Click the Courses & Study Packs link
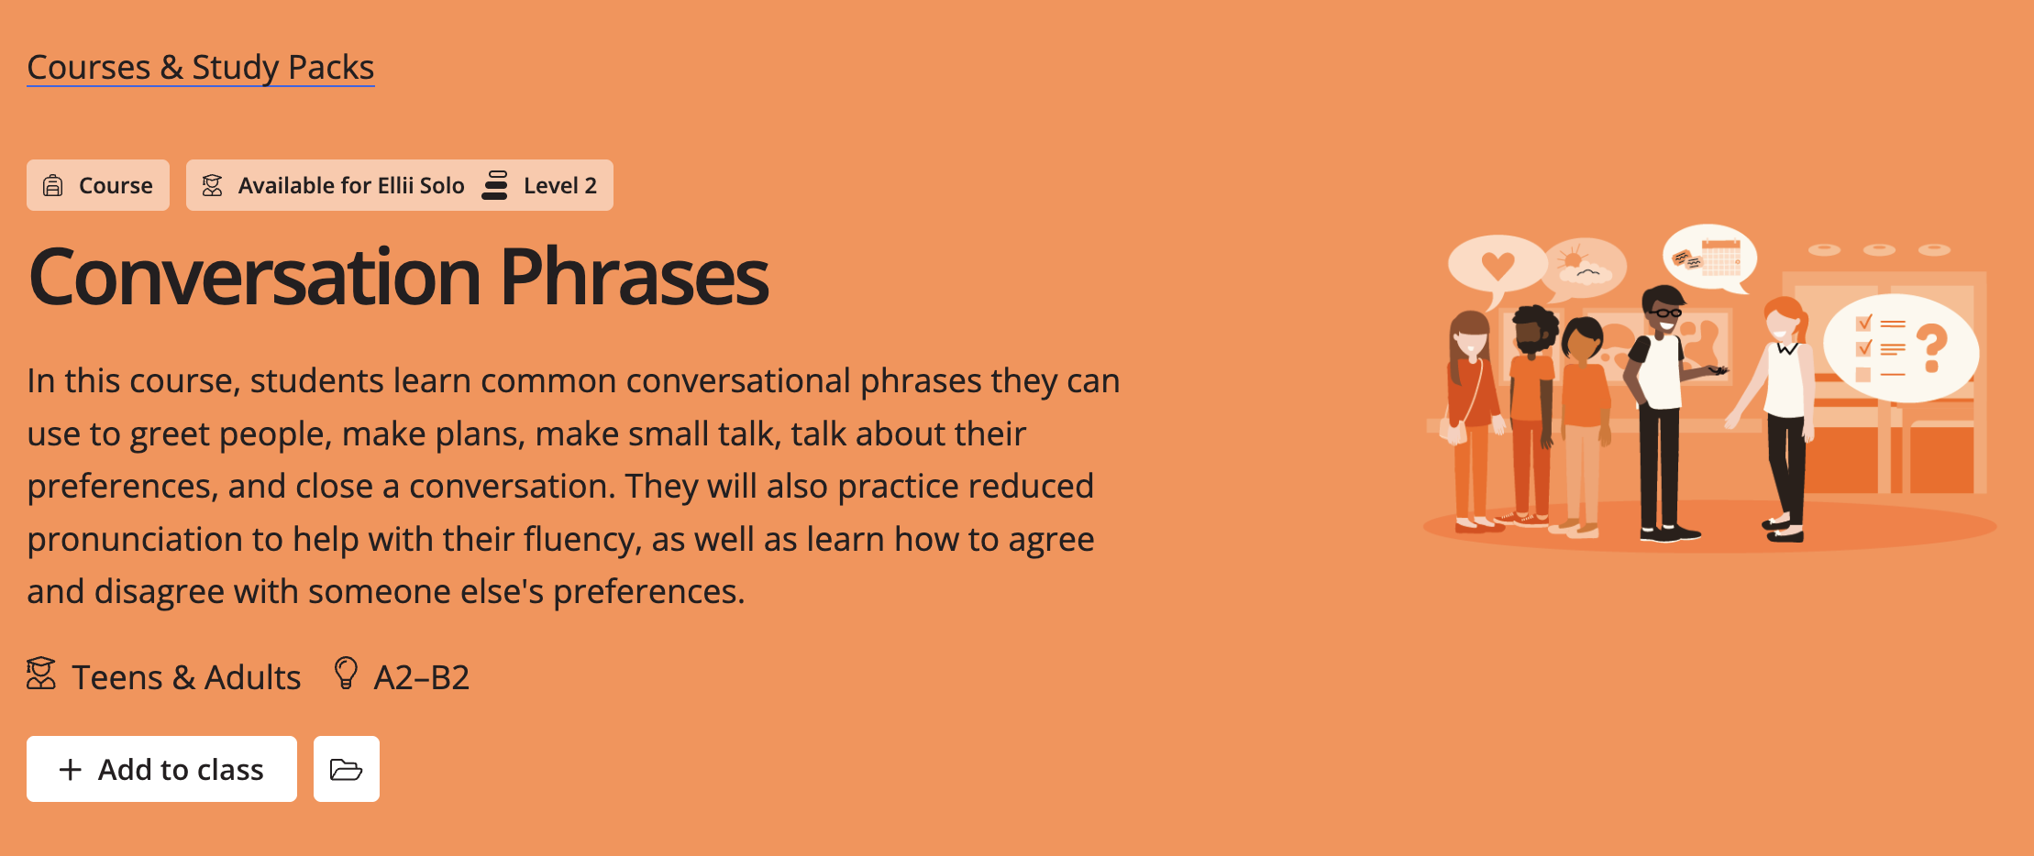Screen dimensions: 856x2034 (x=200, y=68)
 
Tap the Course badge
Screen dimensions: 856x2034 (x=98, y=185)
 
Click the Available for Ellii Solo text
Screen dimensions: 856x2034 (x=350, y=185)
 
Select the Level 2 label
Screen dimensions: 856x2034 (x=559, y=185)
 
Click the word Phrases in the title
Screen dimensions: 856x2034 (x=634, y=277)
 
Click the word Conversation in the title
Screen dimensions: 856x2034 (x=254, y=277)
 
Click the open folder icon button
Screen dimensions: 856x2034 (x=346, y=769)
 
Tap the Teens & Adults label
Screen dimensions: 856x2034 (x=185, y=677)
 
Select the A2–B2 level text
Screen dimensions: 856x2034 (x=421, y=677)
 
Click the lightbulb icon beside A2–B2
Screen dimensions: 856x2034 (x=346, y=673)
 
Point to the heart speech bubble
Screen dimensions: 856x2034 (x=1497, y=265)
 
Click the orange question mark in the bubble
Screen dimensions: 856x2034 (x=1931, y=347)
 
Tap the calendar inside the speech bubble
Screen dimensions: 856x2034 (x=1720, y=258)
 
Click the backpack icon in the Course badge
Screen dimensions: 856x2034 (x=53, y=185)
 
